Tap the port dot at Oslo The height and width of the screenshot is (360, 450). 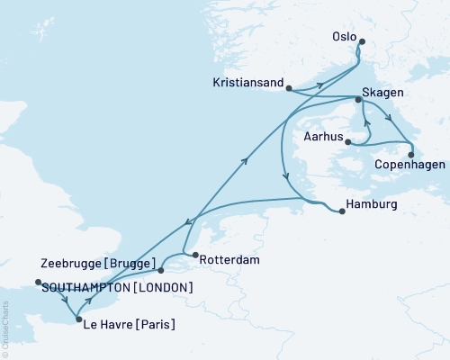(x=362, y=41)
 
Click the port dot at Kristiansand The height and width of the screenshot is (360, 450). (x=288, y=87)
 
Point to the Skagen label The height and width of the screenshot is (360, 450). (x=383, y=94)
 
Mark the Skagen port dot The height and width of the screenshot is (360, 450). (x=359, y=101)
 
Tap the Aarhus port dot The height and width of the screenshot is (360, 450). (x=348, y=141)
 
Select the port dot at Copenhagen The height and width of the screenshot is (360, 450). (x=411, y=155)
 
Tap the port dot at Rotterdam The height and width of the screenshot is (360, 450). (x=193, y=256)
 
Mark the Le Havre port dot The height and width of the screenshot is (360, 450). (x=79, y=319)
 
